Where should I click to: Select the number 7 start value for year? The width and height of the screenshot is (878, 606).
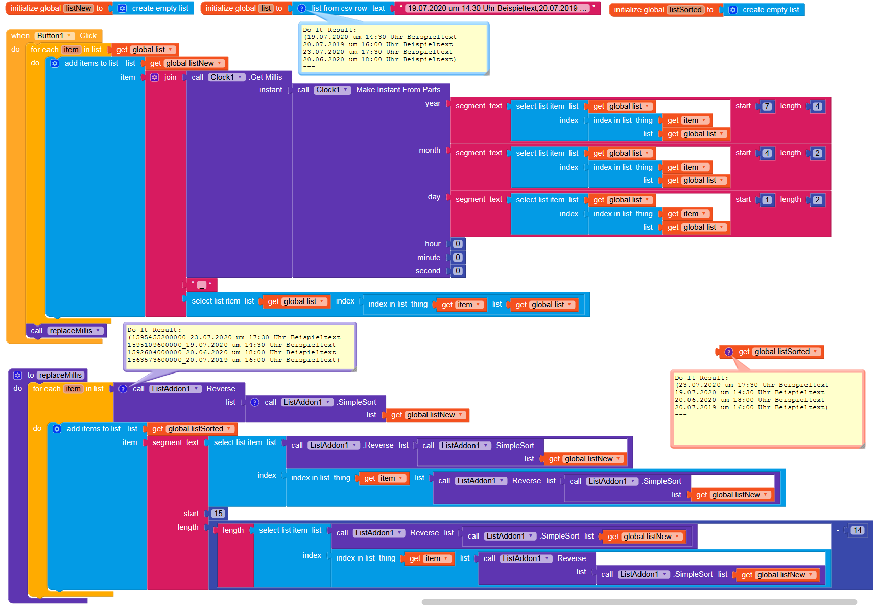pyautogui.click(x=767, y=106)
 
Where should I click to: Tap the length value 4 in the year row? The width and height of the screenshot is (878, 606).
pyautogui.click(x=817, y=106)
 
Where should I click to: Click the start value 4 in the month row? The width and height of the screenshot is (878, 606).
pyautogui.click(x=767, y=153)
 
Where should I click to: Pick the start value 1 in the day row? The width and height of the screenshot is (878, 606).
pyautogui.click(x=767, y=200)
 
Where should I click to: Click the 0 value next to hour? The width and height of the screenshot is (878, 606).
pyautogui.click(x=458, y=244)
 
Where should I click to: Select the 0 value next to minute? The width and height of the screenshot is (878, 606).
pyautogui.click(x=458, y=258)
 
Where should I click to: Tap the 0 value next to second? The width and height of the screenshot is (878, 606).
pyautogui.click(x=458, y=271)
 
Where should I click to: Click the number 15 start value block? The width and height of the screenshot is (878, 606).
pyautogui.click(x=218, y=514)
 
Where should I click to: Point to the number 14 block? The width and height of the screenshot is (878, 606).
pyautogui.click(x=857, y=530)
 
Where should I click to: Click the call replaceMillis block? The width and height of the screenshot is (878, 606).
pyautogui.click(x=66, y=331)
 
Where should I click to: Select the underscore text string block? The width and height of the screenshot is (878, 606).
pyautogui.click(x=201, y=285)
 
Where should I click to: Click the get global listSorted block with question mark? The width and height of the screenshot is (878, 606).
pyautogui.click(x=772, y=352)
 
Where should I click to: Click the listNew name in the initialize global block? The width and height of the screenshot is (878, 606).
pyautogui.click(x=78, y=8)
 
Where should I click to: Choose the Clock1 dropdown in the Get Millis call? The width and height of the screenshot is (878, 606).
pyautogui.click(x=226, y=77)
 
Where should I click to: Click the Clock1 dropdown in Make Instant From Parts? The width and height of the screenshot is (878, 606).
pyautogui.click(x=331, y=90)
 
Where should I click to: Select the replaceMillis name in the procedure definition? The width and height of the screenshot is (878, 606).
pyautogui.click(x=60, y=375)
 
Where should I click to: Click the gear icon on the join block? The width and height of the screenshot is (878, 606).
pyautogui.click(x=154, y=77)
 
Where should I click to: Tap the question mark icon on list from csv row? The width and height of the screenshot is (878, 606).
pyautogui.click(x=301, y=8)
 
